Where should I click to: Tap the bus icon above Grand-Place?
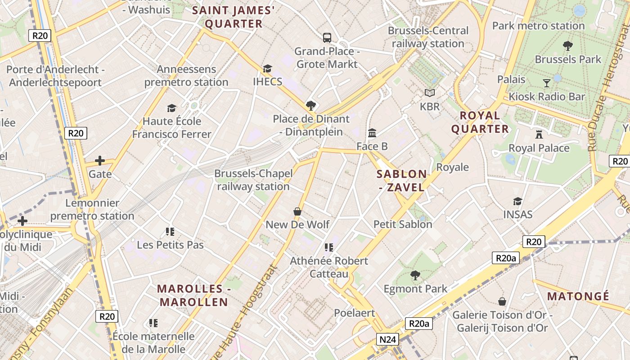327,38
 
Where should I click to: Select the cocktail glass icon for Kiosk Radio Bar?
546,83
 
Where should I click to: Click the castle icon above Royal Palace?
539,134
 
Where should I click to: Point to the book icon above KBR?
430,93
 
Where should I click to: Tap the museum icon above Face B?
372,133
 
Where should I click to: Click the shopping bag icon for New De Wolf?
297,211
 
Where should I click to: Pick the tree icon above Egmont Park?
415,275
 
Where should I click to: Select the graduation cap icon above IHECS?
268,68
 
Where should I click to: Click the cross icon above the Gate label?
100,161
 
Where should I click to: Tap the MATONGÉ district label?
578,296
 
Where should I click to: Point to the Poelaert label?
354,313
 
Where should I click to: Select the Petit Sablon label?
403,224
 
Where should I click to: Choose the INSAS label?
518,214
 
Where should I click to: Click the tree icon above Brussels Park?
568,45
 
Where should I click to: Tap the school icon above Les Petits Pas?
170,232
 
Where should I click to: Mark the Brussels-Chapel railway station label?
253,180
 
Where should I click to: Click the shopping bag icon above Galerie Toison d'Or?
502,301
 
